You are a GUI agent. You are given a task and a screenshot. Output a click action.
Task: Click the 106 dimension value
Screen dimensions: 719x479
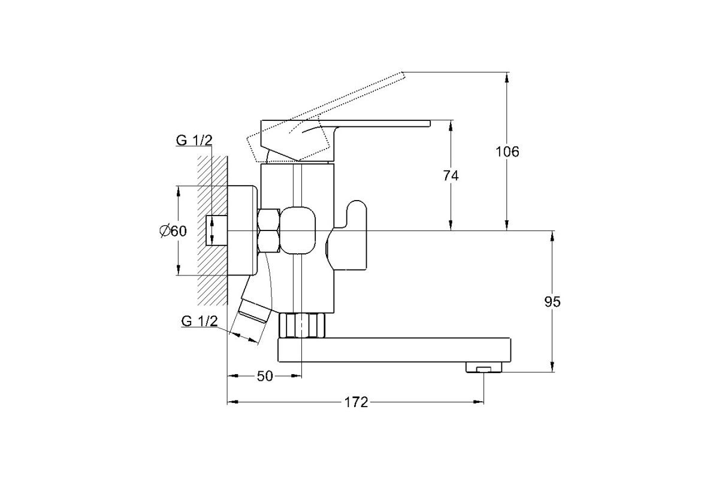pos(507,151)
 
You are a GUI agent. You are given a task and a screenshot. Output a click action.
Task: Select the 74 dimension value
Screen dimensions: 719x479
pos(451,175)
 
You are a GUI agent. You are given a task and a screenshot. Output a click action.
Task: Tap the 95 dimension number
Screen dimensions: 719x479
pos(552,302)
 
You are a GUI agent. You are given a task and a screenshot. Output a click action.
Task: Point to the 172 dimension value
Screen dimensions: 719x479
pos(356,402)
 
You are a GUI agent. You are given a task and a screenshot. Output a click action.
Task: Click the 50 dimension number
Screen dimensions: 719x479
pos(265,376)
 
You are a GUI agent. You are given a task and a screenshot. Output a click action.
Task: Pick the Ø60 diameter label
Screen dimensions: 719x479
pos(173,231)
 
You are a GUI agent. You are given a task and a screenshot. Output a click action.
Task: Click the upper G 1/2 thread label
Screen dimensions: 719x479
pos(194,141)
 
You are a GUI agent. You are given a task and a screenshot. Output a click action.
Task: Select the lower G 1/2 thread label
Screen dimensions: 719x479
pos(200,321)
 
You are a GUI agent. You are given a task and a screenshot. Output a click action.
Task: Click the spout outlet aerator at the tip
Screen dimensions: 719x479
pos(484,368)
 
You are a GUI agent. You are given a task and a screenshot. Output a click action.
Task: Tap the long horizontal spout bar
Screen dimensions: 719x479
pos(394,350)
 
